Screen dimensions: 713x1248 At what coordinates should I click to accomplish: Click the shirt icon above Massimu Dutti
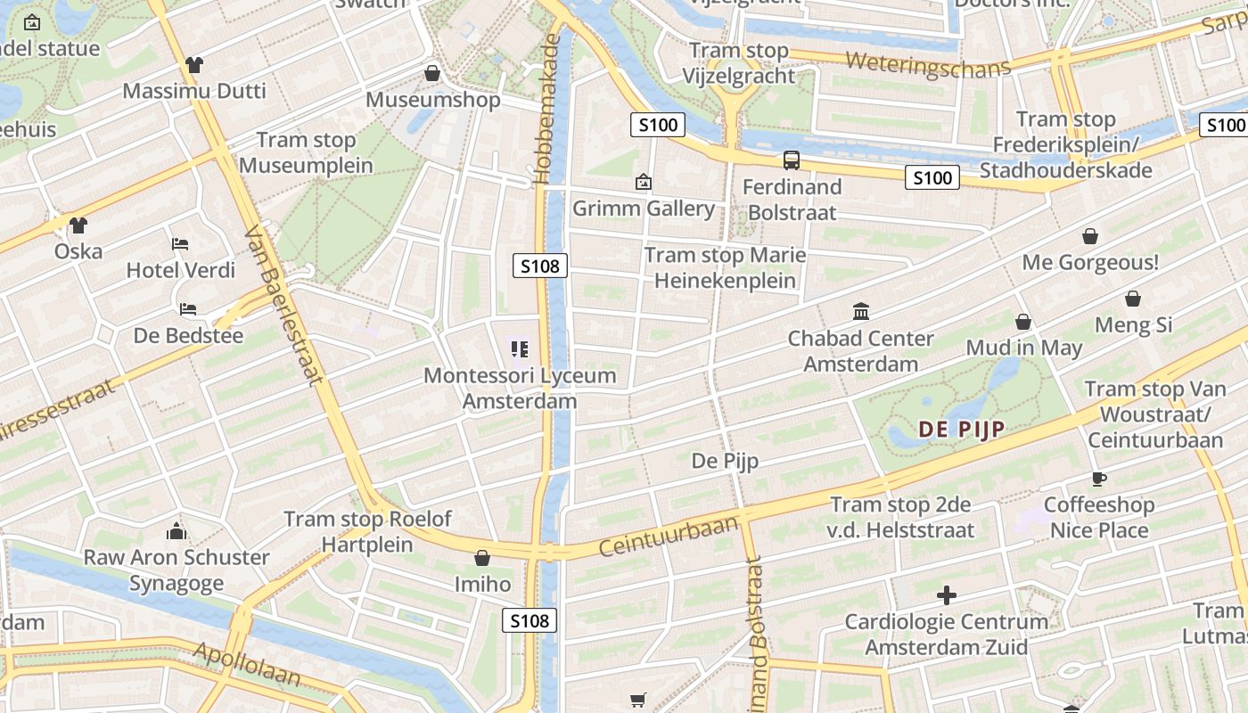coord(193,65)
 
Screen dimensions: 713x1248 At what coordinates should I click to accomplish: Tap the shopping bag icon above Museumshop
coord(432,73)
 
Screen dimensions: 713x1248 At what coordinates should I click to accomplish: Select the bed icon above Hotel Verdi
coord(180,244)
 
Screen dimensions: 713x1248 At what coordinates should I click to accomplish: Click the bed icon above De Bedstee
coord(188,309)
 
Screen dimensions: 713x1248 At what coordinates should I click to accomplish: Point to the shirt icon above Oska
coord(78,225)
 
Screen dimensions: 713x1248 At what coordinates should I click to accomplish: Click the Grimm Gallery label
coord(644,209)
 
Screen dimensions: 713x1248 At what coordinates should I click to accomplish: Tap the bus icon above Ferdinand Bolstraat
coord(792,160)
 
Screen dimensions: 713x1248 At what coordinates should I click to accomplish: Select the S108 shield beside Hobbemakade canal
coord(540,266)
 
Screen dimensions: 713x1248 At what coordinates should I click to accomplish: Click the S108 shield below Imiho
coord(530,620)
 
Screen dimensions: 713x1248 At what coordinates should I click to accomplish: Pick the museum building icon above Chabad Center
coord(861,312)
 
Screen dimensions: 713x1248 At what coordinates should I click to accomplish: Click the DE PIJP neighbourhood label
coord(962,430)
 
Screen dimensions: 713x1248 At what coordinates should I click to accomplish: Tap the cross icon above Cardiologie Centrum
coord(947,594)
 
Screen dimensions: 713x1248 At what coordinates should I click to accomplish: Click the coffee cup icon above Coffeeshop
coord(1099,479)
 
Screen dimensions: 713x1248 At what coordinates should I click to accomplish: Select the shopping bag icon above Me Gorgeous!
coord(1089,236)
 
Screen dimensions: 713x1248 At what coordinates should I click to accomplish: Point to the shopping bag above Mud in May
coord(1023,322)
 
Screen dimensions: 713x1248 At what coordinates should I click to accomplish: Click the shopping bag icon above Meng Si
coord(1133,299)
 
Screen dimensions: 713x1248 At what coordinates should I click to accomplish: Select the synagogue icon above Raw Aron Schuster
coord(177,531)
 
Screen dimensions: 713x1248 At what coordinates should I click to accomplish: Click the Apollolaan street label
coord(247,664)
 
